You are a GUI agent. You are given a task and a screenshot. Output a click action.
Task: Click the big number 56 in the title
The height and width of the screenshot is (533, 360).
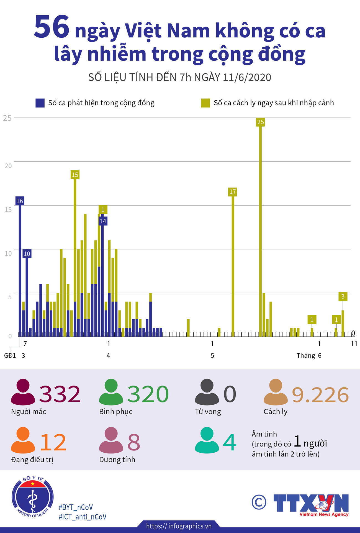click(52, 27)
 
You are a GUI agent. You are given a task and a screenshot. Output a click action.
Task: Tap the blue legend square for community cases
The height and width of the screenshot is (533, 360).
click(40, 103)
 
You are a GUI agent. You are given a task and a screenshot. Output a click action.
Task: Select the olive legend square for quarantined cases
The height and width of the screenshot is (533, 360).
click(205, 103)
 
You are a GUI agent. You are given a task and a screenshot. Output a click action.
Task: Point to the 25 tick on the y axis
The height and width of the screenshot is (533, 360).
click(7, 118)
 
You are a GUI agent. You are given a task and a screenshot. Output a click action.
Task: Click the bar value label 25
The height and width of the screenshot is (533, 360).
click(260, 122)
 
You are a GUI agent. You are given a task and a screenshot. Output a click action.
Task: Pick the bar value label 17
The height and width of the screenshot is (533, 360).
click(233, 192)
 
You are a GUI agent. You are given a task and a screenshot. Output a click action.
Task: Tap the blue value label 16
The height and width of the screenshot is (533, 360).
click(20, 201)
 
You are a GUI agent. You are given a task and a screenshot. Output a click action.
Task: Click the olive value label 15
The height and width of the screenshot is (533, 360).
click(75, 175)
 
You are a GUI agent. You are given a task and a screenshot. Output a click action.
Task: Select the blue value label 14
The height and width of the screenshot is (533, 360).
click(103, 221)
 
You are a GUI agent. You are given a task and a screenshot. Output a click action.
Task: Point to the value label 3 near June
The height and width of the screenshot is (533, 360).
click(343, 297)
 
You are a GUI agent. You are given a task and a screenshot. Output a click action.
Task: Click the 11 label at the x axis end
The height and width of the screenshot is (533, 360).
click(354, 344)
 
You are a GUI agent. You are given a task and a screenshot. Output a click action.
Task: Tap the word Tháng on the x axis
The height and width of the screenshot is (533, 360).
click(306, 356)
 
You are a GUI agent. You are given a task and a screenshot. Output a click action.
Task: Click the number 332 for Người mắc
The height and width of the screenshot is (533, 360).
click(60, 394)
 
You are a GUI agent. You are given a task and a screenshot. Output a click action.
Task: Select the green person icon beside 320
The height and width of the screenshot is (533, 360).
click(111, 392)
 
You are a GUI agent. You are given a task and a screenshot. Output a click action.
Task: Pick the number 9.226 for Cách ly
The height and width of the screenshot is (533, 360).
click(320, 395)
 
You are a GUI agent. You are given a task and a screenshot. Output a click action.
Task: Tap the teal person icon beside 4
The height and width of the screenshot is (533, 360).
click(207, 440)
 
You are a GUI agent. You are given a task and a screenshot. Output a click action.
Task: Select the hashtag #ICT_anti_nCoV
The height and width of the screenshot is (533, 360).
click(83, 517)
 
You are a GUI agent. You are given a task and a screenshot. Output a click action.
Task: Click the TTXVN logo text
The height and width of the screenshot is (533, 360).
click(311, 503)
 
